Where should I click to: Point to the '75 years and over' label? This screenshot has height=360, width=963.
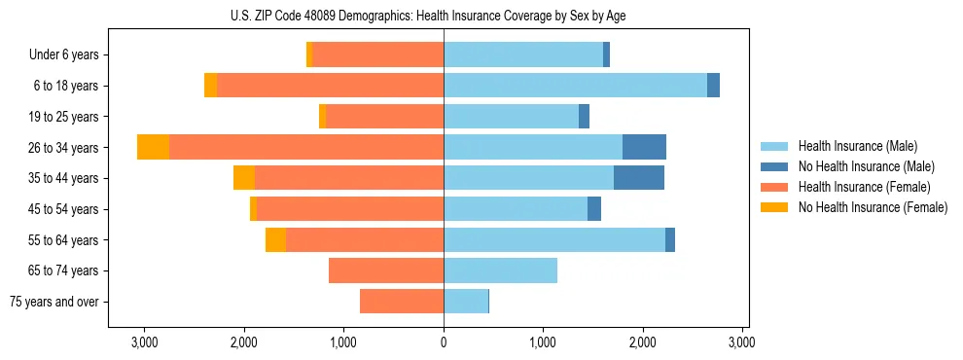pos(53,302)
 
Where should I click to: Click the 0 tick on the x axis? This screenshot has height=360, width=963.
pos(444,342)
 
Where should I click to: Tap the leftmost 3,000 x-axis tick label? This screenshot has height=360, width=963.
pos(144,342)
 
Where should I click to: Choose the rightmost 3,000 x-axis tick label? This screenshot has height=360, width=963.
pos(742,342)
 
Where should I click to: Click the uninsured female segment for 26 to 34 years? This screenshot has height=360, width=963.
pos(153,147)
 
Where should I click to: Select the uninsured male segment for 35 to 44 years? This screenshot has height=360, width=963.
pos(639,178)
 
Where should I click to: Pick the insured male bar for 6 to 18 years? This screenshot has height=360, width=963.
pos(575,86)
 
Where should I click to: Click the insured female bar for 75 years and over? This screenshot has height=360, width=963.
pos(402,302)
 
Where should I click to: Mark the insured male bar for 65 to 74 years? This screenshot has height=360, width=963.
pos(500,270)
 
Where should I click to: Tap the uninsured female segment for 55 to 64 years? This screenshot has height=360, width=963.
pos(275,239)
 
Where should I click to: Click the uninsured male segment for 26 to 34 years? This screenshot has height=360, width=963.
pos(644,147)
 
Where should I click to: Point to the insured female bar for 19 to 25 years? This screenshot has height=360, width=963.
pos(384,117)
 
